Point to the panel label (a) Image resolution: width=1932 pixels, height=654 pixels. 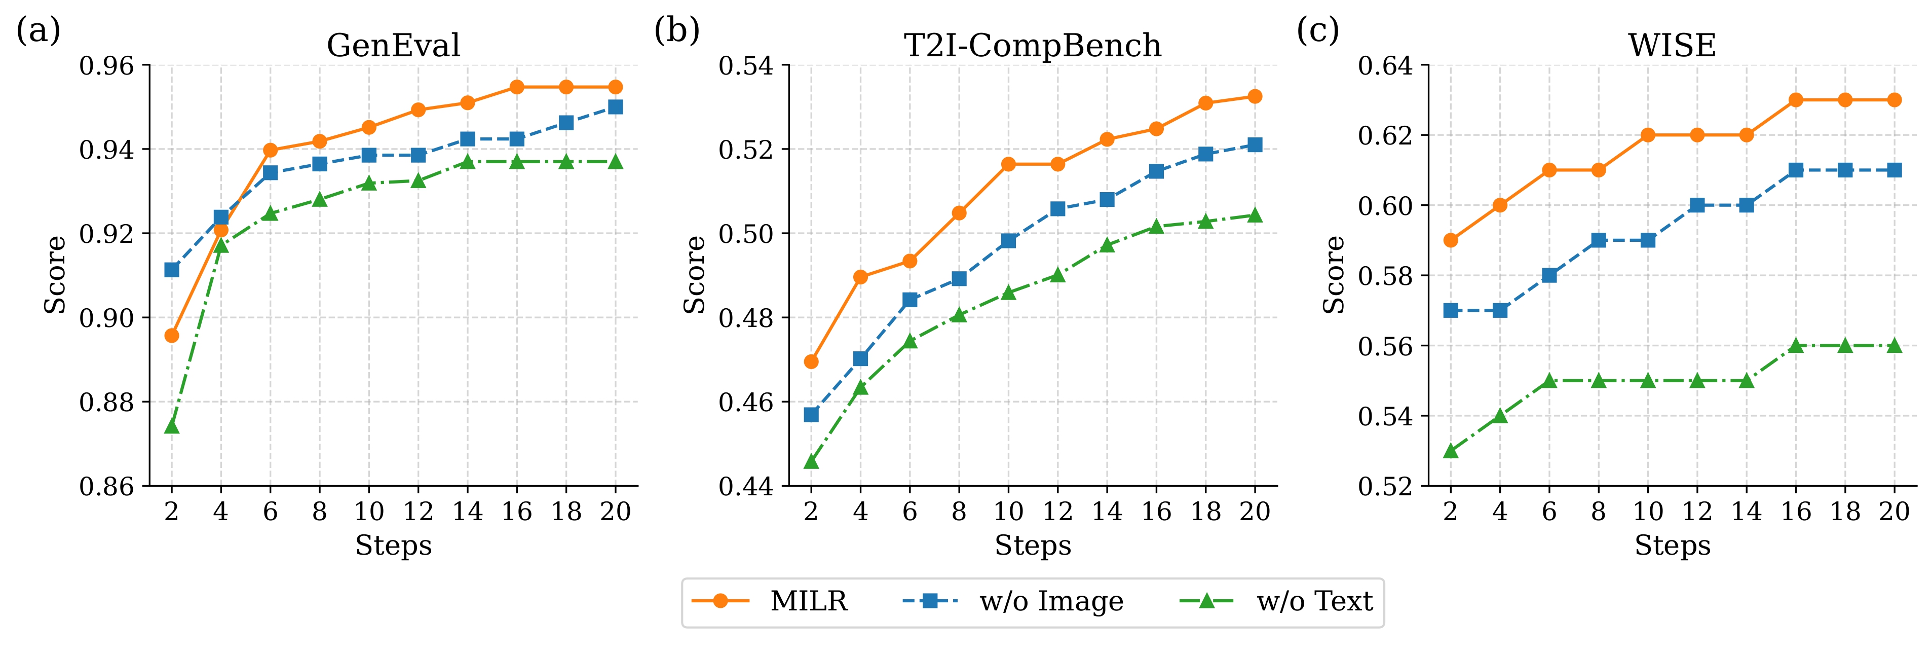click(37, 31)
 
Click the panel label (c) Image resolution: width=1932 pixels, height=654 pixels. click(1318, 31)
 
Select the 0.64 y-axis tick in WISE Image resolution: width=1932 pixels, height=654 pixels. click(1385, 66)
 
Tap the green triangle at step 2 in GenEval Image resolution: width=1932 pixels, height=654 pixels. click(172, 426)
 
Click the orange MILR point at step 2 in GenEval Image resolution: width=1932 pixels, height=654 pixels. click(172, 335)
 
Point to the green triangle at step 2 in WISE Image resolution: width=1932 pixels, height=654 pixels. click(1451, 451)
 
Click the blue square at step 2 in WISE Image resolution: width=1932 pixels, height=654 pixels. click(1451, 310)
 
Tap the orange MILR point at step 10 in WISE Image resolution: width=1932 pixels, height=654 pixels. click(1648, 135)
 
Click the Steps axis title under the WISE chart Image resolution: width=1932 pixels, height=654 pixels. click(1673, 545)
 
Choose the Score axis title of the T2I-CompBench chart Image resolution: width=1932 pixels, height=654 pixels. click(695, 274)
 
